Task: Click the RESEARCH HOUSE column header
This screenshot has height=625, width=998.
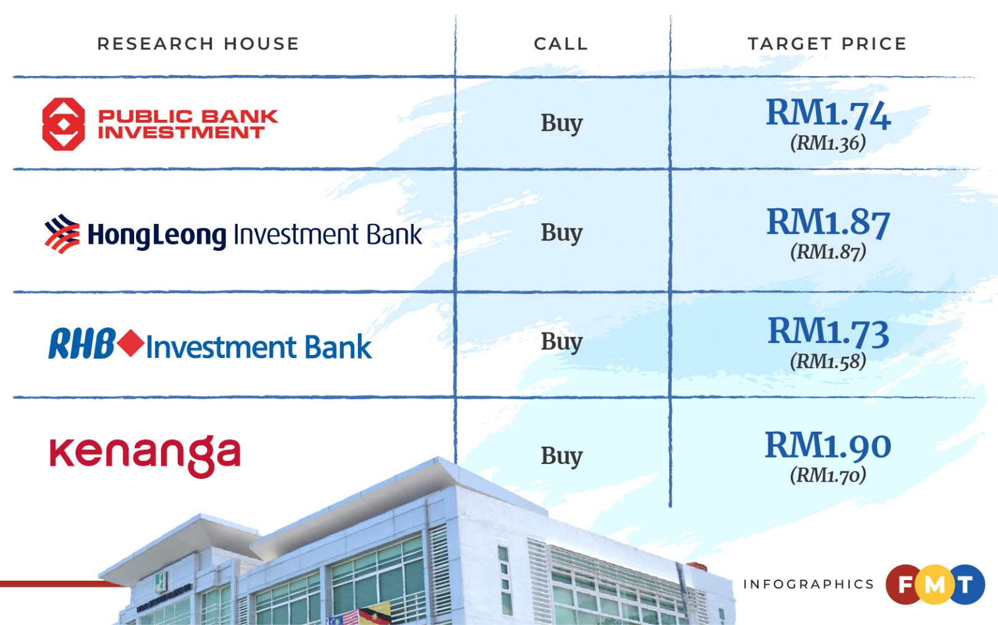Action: coord(198,44)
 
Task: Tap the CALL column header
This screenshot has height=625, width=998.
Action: coord(561,44)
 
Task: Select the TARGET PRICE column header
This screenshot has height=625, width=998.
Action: coord(827,44)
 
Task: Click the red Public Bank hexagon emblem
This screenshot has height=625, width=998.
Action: coord(64,124)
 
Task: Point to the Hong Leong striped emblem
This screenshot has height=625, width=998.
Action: coord(62,234)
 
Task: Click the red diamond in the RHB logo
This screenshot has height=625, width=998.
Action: coord(131,344)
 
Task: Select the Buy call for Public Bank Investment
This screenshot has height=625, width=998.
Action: coord(561,124)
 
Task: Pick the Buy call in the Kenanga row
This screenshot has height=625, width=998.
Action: coord(561,456)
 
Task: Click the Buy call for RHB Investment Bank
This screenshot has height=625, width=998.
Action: coord(561,342)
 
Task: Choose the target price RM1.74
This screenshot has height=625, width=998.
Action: coord(828,114)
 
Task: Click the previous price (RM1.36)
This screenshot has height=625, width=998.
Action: coord(828,143)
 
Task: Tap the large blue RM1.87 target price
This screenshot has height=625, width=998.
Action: coord(828,223)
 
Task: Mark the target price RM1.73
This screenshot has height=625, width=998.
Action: coord(828,332)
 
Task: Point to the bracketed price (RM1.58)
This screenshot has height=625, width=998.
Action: coord(828,361)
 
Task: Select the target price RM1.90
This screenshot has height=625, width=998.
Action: coord(828,445)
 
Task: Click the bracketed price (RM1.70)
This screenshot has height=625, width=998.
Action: coord(828,475)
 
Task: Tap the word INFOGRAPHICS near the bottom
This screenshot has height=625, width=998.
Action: coord(808,584)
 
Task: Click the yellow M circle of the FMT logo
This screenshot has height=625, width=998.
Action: coord(934,584)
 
